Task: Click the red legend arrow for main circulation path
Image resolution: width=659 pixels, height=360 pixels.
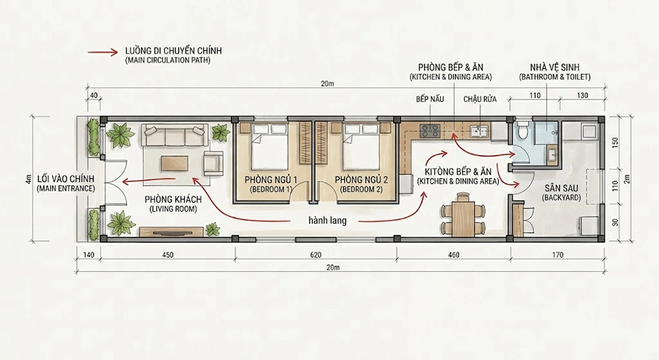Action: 103,53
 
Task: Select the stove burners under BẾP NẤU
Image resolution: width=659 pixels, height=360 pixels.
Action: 430,131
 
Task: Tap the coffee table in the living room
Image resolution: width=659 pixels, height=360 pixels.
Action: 175,164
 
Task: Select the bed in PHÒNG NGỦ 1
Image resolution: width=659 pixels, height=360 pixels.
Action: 270,146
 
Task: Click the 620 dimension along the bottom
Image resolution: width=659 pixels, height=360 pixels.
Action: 315,255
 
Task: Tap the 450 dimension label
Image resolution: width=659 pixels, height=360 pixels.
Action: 167,255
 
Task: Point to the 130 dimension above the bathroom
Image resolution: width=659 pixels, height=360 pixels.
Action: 582,96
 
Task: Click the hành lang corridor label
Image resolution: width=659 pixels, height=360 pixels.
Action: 328,220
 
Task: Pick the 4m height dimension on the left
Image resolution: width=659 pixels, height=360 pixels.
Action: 28,179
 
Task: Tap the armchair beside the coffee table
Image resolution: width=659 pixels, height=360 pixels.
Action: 214,164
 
